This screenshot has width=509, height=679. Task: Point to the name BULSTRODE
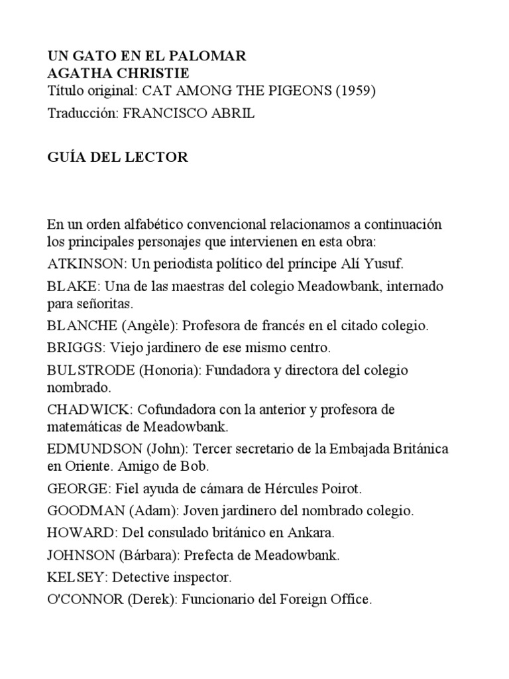tap(91, 370)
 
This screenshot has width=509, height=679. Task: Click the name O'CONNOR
tap(85, 599)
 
